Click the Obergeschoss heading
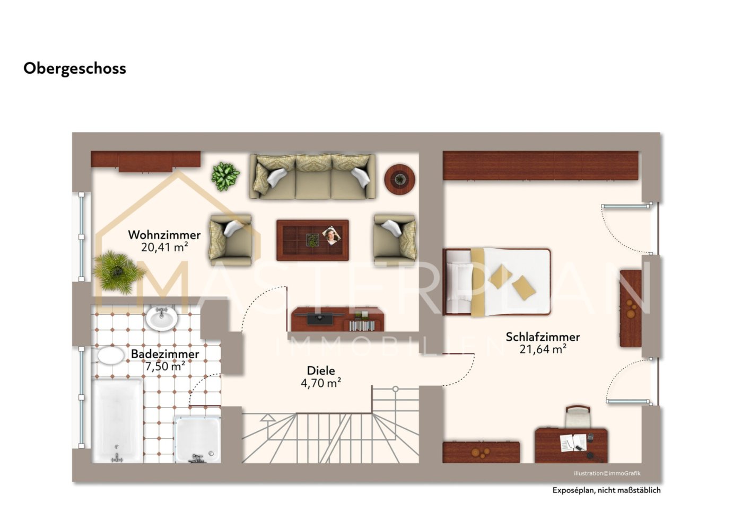75,69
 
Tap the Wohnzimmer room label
164,235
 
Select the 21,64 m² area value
543,349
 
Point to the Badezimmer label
165,354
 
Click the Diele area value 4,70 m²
321,383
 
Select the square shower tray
197,440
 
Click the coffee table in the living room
312,240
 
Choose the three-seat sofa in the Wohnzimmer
312,176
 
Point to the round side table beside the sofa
399,179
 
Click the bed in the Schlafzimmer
496,282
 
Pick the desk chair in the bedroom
578,416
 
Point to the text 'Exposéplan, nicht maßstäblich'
606,490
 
